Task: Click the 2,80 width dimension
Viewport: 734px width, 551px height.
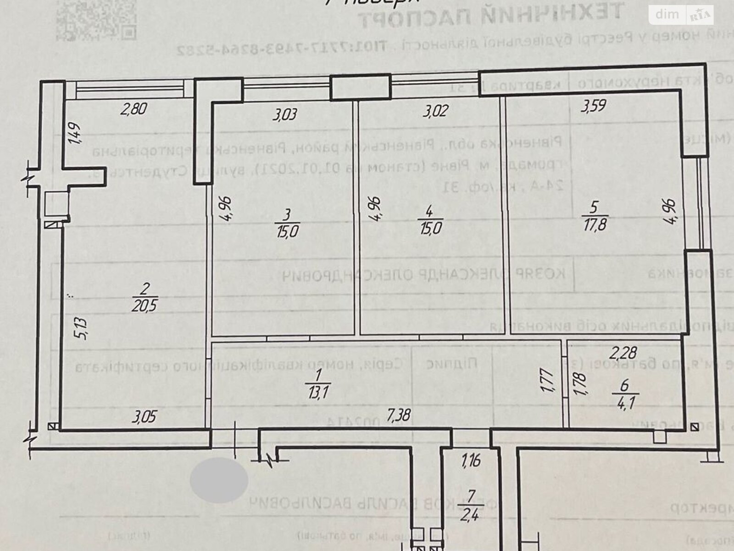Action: click(x=135, y=109)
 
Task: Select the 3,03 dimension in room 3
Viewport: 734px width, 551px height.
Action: click(x=285, y=114)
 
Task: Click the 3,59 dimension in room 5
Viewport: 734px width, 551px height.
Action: click(x=594, y=106)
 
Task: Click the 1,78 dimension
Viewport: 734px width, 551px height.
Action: click(x=581, y=382)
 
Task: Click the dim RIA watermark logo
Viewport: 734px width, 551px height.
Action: click(x=681, y=15)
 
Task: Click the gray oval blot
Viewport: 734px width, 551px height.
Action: click(x=219, y=480)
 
